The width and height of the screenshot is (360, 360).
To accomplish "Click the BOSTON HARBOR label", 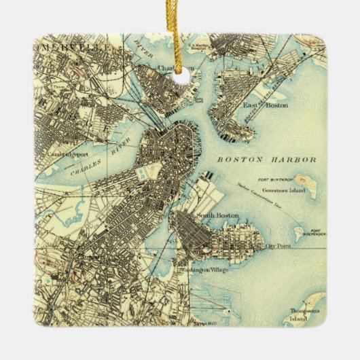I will point(267,160).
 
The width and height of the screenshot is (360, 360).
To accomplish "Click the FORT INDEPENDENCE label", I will point(313,233).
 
